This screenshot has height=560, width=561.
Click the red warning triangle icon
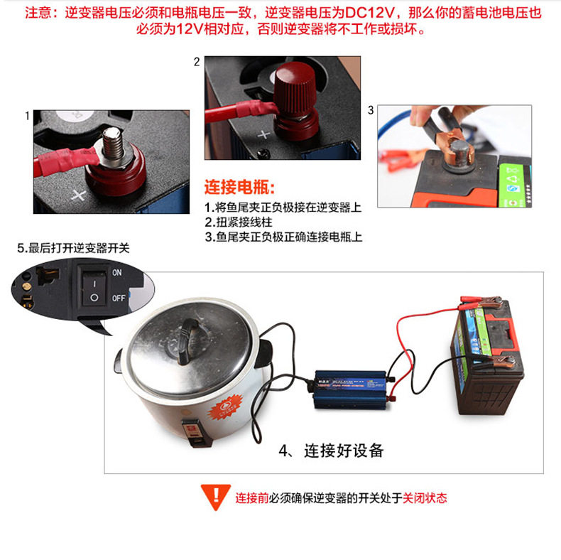pyautogui.click(x=212, y=496)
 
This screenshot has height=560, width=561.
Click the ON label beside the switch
pyautogui.click(x=118, y=272)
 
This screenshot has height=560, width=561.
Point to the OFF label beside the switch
pyautogui.click(x=119, y=298)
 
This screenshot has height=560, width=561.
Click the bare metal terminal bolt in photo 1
pyautogui.click(x=113, y=144)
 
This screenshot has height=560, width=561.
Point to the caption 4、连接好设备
pyautogui.click(x=331, y=451)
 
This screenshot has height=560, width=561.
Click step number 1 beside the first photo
pyautogui.click(x=28, y=115)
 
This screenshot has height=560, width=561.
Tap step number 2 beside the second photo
pyautogui.click(x=197, y=62)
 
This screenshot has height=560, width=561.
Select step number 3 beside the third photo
pyautogui.click(x=370, y=110)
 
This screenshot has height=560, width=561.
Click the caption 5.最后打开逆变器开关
pyautogui.click(x=74, y=248)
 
